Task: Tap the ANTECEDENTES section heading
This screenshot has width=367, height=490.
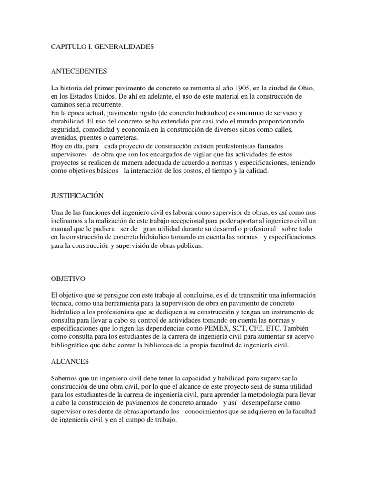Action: pyautogui.click(x=79, y=72)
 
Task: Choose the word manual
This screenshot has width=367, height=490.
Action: pyautogui.click(x=61, y=229)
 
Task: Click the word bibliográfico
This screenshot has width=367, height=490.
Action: pyautogui.click(x=73, y=345)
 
